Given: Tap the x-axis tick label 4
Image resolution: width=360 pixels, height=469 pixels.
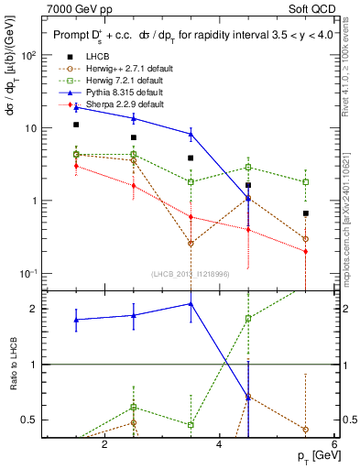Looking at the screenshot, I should coord(219,444).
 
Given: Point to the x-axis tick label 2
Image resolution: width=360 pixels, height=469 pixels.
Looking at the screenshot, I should coord(104,444).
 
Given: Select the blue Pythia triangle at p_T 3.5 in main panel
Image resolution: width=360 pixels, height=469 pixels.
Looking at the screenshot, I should coord(191,134).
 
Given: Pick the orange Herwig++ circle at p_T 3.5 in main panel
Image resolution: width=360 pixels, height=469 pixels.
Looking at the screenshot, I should coord(191,244).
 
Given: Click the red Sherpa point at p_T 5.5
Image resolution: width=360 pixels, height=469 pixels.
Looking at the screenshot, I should coord(306,251).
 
